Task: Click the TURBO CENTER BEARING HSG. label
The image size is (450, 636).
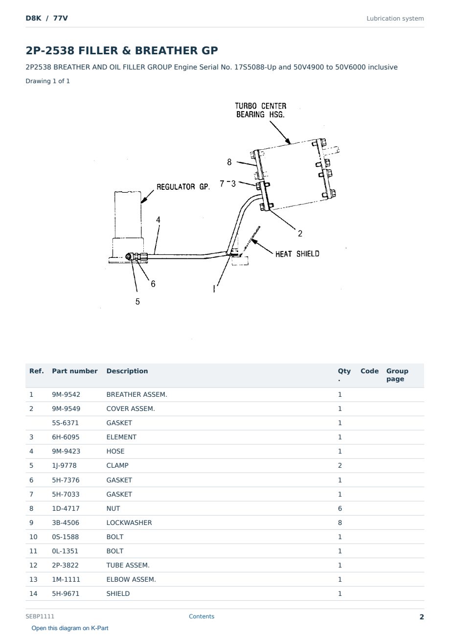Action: tap(261, 110)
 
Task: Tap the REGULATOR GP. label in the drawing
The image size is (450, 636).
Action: tap(183, 187)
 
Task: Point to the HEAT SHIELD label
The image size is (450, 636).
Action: tap(297, 254)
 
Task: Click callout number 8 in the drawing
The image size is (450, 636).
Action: tap(229, 162)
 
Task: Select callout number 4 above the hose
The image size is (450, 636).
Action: tap(158, 220)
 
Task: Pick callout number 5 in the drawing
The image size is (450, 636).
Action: tap(138, 301)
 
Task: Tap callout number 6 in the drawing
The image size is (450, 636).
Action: tap(153, 284)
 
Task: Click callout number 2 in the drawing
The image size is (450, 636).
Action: tap(300, 234)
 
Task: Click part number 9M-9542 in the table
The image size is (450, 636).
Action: tap(66, 394)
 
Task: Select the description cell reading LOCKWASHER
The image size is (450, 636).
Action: tap(129, 522)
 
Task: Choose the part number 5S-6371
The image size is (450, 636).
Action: tap(66, 423)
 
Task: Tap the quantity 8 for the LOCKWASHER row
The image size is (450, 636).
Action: tap(340, 522)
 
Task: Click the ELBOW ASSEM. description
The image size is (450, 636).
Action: tap(131, 579)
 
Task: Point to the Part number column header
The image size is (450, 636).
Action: tap(75, 371)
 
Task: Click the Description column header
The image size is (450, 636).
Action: tap(127, 371)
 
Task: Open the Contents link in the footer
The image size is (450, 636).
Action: tap(202, 616)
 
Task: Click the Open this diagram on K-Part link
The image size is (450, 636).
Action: tap(70, 628)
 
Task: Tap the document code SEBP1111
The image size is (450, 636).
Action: tap(40, 616)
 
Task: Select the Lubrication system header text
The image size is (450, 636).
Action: tap(395, 19)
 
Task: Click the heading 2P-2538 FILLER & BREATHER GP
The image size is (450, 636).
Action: tap(122, 50)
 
